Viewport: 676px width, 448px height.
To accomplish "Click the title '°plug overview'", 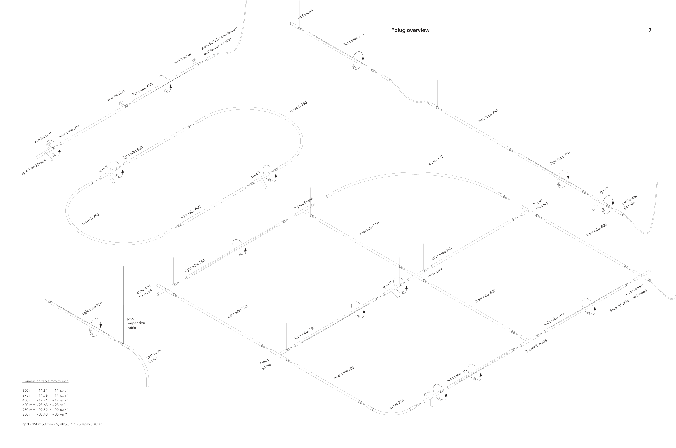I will coord(410,30).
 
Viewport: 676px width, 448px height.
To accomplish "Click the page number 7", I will coord(650,30).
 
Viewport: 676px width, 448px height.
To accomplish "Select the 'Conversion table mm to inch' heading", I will coord(45,381).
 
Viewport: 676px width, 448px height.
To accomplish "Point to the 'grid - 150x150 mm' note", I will coord(62,424).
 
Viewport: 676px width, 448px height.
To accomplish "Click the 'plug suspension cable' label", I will coord(136,323).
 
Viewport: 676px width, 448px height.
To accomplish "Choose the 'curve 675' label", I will coord(436,161).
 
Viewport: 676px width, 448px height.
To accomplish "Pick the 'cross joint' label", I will coord(435,273).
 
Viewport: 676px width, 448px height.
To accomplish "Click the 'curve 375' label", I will coord(397,404).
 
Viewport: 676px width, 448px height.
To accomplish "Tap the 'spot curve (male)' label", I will coord(153,356).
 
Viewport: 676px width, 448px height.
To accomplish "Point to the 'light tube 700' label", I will coord(554,319).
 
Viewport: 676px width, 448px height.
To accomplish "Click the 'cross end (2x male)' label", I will coord(145,291).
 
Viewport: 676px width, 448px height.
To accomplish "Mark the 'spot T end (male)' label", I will coord(34,167).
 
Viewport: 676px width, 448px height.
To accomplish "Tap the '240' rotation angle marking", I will coord(54,155).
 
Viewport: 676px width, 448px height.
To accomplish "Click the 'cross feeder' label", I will coord(634,290).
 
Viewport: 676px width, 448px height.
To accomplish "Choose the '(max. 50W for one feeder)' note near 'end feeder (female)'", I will coord(219,38).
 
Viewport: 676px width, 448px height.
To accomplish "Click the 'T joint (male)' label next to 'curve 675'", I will coord(304,203).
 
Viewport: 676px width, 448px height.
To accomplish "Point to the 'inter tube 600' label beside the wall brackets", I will coord(69,131).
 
